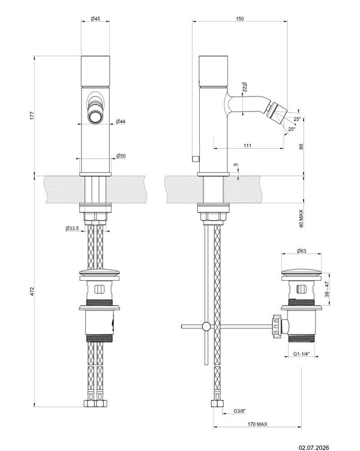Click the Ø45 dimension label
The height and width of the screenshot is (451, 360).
pos(95,19)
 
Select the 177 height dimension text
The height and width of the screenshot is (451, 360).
pos(32,115)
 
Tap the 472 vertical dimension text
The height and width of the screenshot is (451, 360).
pos(32,291)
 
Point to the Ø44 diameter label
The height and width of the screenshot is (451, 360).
pos(121,122)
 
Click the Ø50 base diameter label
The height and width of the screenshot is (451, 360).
pos(121,156)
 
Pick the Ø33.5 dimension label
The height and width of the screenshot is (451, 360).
pos(72,228)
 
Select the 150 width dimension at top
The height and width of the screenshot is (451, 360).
pos(240,19)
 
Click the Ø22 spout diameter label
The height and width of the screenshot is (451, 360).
pos(245,87)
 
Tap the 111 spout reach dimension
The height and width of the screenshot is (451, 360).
pos(247,146)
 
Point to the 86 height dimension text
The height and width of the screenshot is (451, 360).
pos(301,146)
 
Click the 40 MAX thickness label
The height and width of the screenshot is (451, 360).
pos(301,218)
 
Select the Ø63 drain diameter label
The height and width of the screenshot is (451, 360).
pos(301,251)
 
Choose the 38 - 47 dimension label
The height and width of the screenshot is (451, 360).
pos(327,289)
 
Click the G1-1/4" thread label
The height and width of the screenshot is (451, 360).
pos(301,354)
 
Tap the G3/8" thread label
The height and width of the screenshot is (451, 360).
pos(240,411)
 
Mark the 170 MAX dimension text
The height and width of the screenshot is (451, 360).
pos(257,424)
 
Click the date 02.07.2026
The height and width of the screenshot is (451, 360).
pos(314,447)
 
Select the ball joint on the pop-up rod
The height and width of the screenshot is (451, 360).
pos(206,326)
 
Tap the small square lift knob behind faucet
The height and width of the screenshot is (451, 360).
pos(196,158)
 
